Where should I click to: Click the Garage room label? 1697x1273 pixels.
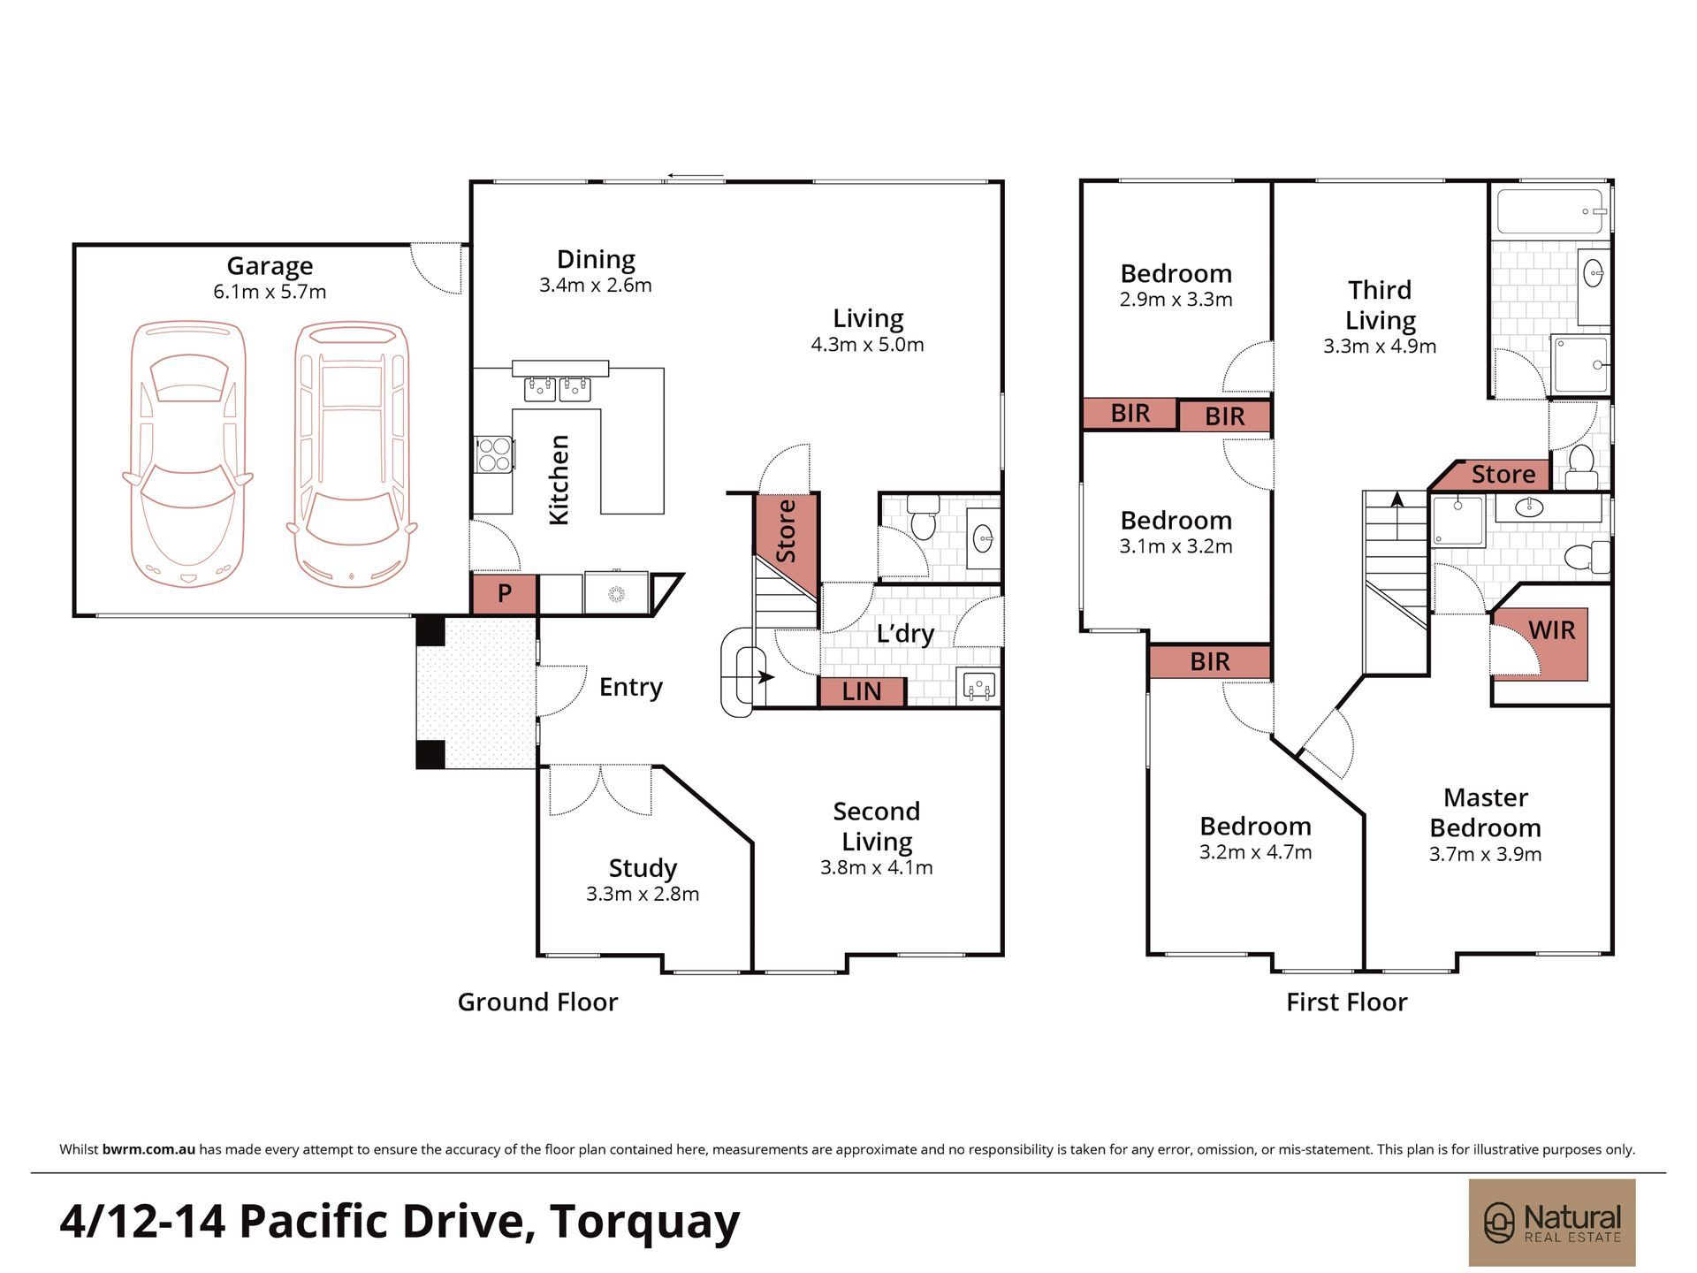pyautogui.click(x=270, y=266)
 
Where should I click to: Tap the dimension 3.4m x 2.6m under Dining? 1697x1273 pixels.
pyautogui.click(x=596, y=286)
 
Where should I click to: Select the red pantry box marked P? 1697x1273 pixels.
pyautogui.click(x=505, y=593)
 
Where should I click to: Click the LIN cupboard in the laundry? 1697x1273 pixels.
pyautogui.click(x=862, y=691)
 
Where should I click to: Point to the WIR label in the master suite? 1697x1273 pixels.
pyautogui.click(x=1551, y=630)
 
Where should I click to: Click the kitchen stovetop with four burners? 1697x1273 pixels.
pyautogui.click(x=493, y=454)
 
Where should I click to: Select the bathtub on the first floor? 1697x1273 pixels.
pyautogui.click(x=1551, y=212)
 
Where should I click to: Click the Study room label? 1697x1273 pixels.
pyautogui.click(x=643, y=868)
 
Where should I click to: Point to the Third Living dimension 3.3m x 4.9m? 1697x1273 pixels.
pyautogui.click(x=1380, y=347)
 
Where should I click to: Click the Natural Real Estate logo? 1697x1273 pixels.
pyautogui.click(x=1552, y=1223)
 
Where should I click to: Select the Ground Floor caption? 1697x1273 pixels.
pyautogui.click(x=537, y=1002)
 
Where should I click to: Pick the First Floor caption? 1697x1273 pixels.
pyautogui.click(x=1346, y=1002)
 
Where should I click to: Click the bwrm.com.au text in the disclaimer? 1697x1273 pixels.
pyautogui.click(x=148, y=1150)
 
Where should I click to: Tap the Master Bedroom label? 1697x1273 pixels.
pyautogui.click(x=1486, y=812)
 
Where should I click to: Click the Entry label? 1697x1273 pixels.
pyautogui.click(x=630, y=687)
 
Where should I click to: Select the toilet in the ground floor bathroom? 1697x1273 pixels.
pyautogui.click(x=922, y=518)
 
